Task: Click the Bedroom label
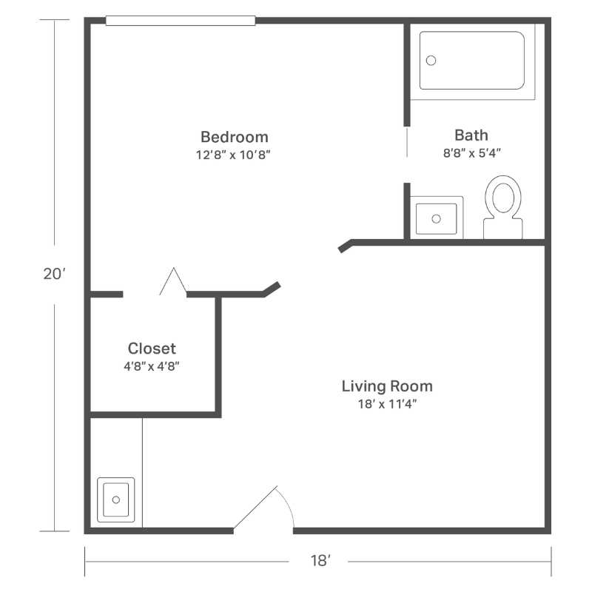point(235,137)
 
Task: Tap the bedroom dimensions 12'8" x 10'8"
point(233,155)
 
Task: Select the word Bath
point(471,135)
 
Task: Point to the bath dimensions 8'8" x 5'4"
point(472,153)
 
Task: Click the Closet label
point(152,349)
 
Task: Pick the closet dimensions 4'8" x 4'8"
point(152,366)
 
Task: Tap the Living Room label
point(387,386)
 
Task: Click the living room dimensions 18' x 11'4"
point(387,404)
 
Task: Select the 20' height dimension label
point(54,274)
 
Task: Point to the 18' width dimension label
point(320,561)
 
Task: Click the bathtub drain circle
point(431,61)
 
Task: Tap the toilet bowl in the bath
point(503,198)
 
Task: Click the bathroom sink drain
point(436,218)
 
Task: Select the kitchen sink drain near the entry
point(116,499)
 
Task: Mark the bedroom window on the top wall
point(181,21)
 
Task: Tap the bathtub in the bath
point(472,61)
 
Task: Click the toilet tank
point(503,229)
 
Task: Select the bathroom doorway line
point(407,142)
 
